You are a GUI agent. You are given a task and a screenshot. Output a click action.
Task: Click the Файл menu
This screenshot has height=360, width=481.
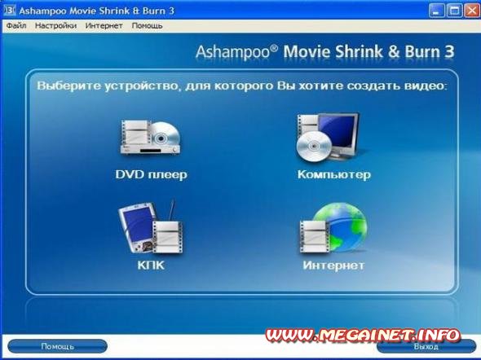tap(16, 26)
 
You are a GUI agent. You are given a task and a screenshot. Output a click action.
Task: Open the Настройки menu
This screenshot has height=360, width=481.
tap(55, 26)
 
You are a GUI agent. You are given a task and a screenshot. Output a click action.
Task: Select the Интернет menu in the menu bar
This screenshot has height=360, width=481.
tap(104, 26)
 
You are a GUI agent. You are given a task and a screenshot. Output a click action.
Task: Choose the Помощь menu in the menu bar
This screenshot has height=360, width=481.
tap(148, 26)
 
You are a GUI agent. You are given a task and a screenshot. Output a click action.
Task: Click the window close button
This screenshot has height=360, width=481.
tap(472, 11)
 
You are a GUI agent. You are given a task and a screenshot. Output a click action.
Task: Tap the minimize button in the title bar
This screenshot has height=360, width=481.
tap(436, 11)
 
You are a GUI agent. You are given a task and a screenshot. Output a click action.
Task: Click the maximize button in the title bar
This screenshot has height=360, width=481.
tap(454, 11)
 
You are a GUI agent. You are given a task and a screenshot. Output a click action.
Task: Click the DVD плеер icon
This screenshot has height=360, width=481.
tap(150, 138)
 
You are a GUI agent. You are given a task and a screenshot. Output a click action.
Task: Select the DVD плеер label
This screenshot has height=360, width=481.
tap(152, 174)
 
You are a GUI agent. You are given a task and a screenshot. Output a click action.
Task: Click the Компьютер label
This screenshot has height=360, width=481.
tap(334, 174)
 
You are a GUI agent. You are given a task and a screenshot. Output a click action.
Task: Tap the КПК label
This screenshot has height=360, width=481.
tap(151, 266)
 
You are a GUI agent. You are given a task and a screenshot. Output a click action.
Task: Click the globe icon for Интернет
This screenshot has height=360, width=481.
tap(333, 228)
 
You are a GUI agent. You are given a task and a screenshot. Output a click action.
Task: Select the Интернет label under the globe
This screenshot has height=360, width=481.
tap(333, 266)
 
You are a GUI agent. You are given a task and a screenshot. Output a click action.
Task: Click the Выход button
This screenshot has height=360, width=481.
tap(426, 346)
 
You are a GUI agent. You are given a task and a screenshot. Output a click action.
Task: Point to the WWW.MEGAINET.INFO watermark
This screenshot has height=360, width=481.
tap(363, 336)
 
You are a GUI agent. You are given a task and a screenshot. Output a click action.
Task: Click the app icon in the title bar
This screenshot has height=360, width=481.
tap(10, 11)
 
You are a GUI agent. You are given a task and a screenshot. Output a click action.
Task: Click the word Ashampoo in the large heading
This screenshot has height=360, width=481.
tap(233, 52)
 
